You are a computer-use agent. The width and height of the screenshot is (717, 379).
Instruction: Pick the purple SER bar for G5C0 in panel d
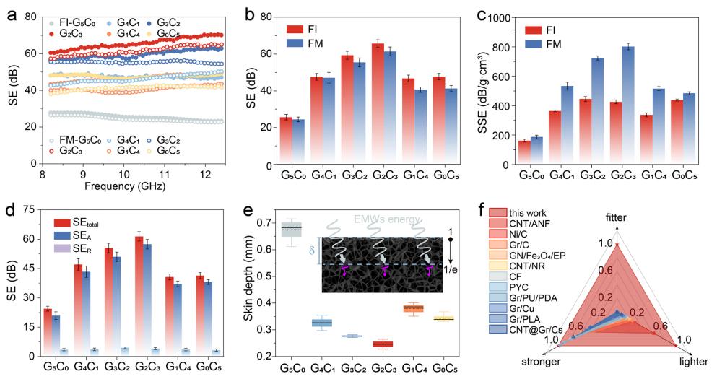64,352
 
